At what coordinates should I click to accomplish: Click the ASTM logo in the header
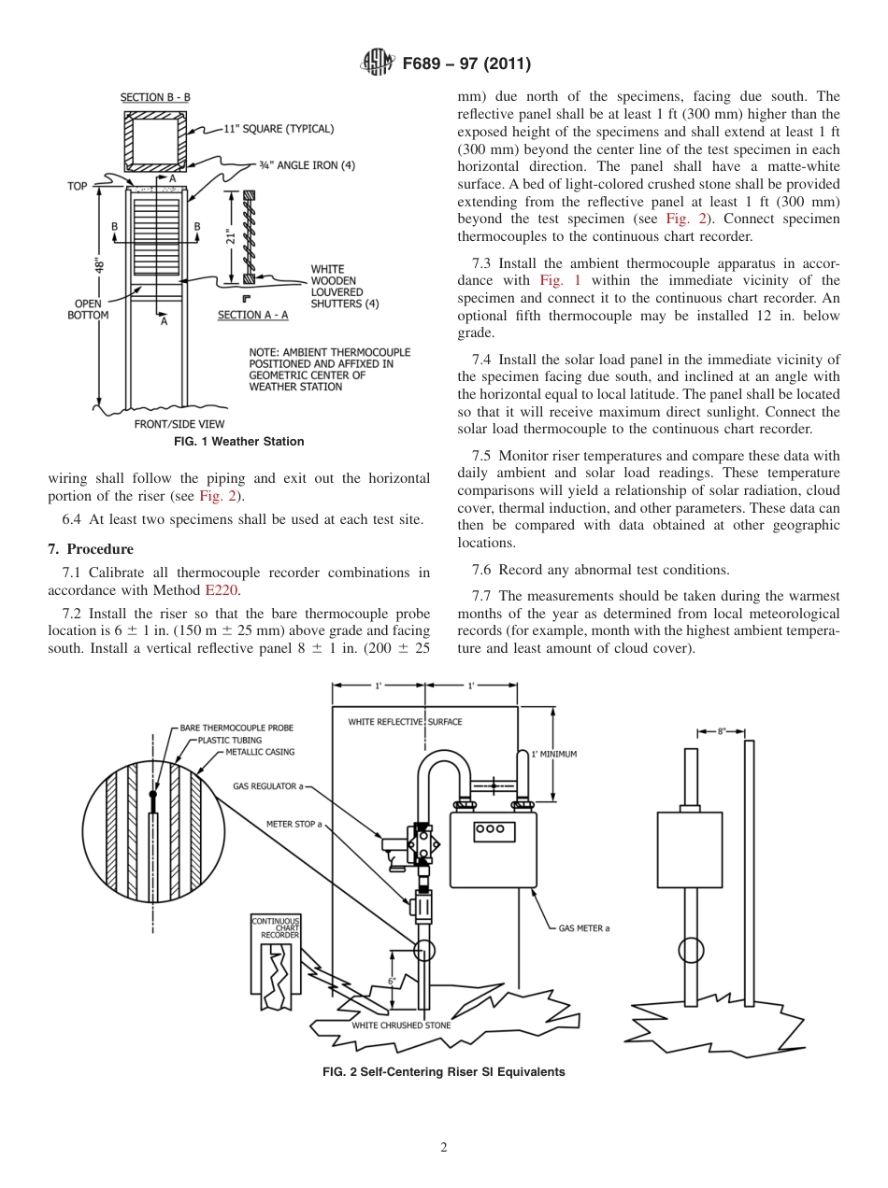click(377, 64)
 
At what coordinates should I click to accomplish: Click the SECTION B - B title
click(155, 97)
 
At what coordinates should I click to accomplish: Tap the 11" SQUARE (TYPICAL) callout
click(279, 129)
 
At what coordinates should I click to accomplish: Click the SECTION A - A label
click(253, 315)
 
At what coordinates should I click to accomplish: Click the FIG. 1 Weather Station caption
click(239, 442)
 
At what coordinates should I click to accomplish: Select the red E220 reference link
click(222, 590)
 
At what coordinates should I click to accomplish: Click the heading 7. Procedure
click(91, 549)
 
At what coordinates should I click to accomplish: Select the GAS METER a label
click(584, 928)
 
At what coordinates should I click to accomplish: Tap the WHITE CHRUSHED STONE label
click(400, 1025)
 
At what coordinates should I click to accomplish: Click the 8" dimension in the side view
click(722, 732)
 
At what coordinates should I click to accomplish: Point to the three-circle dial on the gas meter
click(490, 828)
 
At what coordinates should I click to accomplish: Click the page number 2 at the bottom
click(444, 1148)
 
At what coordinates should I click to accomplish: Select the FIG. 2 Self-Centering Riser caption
click(443, 1072)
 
